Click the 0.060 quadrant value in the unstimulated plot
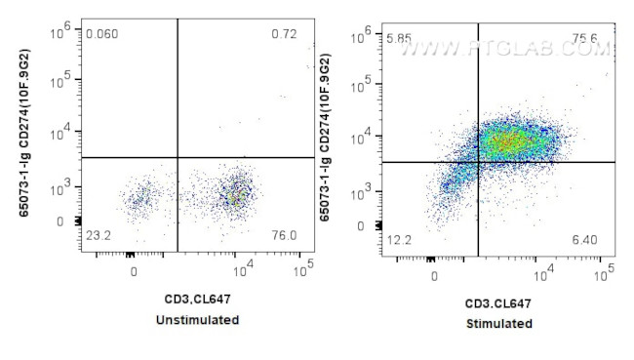point(102,34)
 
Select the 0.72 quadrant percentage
point(284,34)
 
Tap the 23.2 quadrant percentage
point(98,235)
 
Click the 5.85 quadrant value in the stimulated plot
point(399,38)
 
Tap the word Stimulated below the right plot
point(499,323)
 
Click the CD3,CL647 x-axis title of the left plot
point(199,300)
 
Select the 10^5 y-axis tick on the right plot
point(368,85)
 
